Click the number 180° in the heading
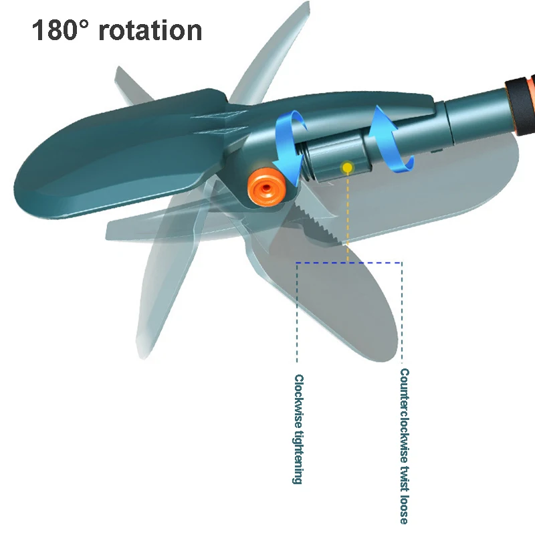pyautogui.click(x=60, y=30)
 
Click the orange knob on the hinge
pyautogui.click(x=266, y=187)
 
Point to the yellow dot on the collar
pyautogui.click(x=347, y=168)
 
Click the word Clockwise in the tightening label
pyautogui.click(x=298, y=401)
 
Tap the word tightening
pyautogui.click(x=298, y=457)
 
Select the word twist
pyautogui.click(x=405, y=479)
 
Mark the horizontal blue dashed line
pyautogui.click(x=348, y=263)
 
